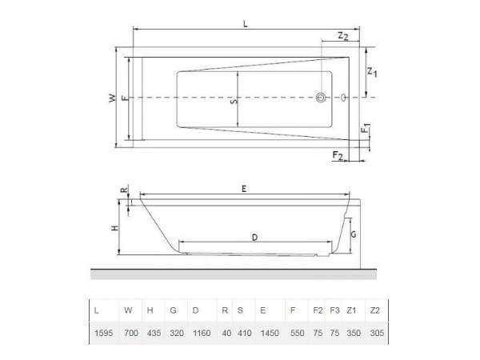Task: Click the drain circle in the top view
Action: tap(321, 98)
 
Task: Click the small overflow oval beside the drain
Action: tap(342, 98)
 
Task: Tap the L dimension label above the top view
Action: tap(246, 24)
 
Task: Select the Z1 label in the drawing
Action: tap(373, 73)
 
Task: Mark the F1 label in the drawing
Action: tap(365, 128)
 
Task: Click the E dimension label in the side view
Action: tap(243, 187)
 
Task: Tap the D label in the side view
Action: tap(254, 238)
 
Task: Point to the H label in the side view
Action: tap(114, 228)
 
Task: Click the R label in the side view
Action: tap(122, 190)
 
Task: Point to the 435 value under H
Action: tap(151, 331)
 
